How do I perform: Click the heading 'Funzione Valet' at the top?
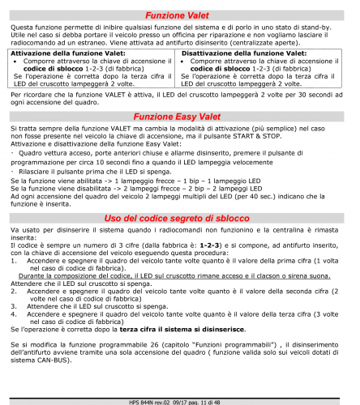point(180,15)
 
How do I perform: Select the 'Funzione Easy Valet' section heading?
point(180,116)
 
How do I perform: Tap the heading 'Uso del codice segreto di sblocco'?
point(180,219)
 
